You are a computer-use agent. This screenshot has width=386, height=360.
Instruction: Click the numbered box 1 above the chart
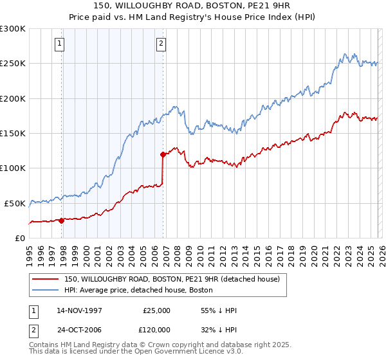(59, 44)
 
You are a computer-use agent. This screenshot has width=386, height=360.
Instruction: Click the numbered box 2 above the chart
(160, 44)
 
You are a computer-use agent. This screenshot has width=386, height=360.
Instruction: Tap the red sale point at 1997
(62, 220)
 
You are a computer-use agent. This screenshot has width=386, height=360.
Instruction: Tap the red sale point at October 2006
(163, 154)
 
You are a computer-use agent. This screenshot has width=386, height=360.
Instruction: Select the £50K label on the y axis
(15, 203)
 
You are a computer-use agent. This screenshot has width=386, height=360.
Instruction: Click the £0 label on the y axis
(19, 238)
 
